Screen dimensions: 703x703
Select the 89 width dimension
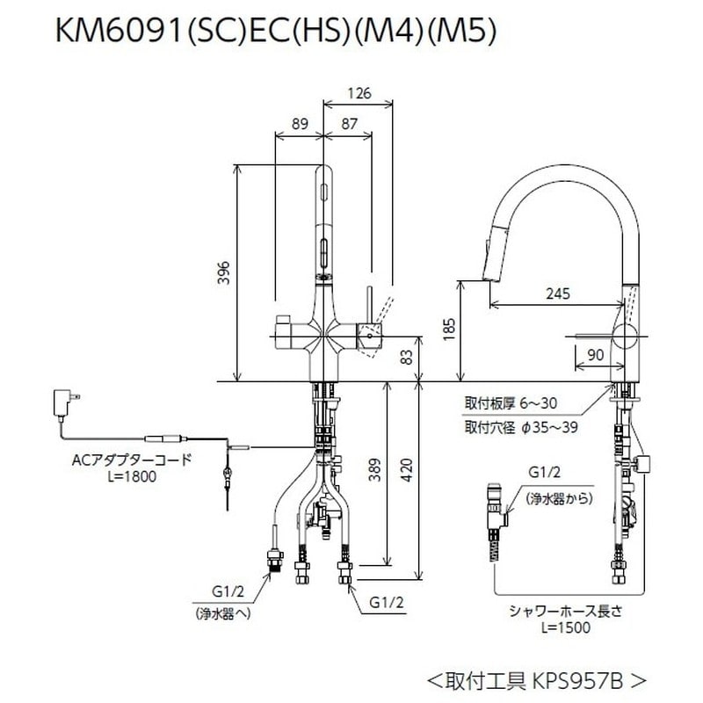pos(300,125)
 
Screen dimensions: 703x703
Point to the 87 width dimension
pos(348,125)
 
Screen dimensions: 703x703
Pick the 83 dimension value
pos(405,356)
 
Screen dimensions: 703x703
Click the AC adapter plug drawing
pos(65,403)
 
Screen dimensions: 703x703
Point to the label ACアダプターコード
pos(132,460)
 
